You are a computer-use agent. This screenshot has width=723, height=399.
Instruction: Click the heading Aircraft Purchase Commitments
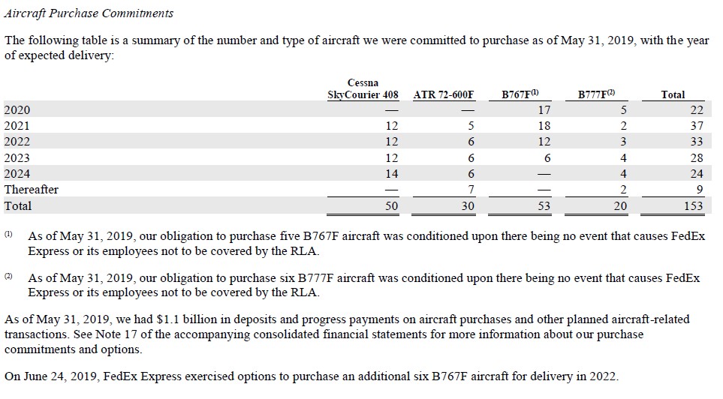(89, 13)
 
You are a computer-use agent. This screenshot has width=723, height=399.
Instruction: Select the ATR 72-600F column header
(444, 94)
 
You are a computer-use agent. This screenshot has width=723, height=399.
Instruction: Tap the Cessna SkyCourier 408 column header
(363, 88)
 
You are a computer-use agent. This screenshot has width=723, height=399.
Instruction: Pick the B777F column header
(597, 94)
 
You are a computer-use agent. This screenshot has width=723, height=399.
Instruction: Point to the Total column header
(673, 94)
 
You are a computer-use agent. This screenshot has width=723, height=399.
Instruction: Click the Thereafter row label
(31, 190)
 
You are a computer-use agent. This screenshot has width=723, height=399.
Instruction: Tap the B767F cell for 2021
(544, 126)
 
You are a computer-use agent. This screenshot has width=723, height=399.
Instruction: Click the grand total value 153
(693, 205)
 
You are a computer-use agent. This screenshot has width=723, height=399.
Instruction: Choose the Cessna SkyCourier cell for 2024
(391, 174)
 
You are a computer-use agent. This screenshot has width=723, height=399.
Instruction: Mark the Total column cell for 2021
(696, 126)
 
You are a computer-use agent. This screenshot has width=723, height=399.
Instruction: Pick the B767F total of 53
(544, 205)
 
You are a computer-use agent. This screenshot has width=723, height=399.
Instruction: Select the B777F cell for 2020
(623, 110)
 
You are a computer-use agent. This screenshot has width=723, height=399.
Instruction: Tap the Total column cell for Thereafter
(699, 190)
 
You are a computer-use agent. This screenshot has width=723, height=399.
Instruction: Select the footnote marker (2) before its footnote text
(9, 277)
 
